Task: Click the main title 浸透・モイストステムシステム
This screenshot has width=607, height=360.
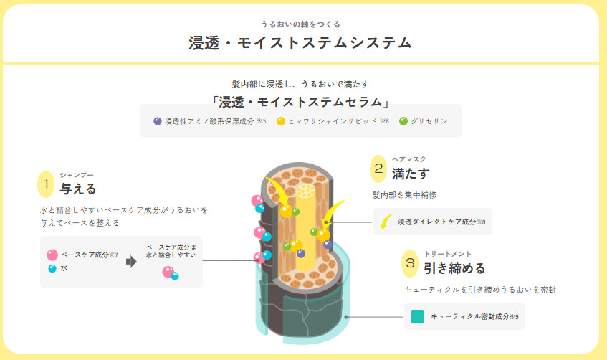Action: coord(300,42)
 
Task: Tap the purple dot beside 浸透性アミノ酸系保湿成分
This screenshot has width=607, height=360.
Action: coord(158,121)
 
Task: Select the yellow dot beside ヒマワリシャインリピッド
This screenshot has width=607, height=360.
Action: coord(281,121)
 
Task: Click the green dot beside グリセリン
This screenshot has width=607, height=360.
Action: coord(403,121)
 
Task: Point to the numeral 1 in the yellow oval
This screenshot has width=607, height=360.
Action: coord(46,184)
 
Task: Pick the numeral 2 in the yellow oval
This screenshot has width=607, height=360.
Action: coord(378,169)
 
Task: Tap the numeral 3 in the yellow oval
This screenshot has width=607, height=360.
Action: coord(410,263)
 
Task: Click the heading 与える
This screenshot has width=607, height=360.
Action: coord(78,189)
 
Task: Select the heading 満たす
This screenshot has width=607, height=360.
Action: coord(411,174)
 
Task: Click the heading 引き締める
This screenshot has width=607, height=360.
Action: coord(454,268)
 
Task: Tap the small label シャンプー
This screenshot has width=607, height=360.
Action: coord(77,175)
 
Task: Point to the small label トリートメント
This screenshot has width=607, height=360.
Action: coord(448,254)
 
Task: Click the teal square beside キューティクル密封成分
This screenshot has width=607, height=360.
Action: coord(417,316)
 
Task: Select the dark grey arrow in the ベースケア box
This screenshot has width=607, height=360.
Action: coord(132,262)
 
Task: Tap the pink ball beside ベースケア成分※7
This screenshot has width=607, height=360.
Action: coord(52,255)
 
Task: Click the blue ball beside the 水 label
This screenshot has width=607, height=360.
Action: coord(52,268)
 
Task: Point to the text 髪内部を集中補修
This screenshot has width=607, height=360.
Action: coord(404,195)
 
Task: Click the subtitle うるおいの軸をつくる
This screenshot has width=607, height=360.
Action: coord(300,24)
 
